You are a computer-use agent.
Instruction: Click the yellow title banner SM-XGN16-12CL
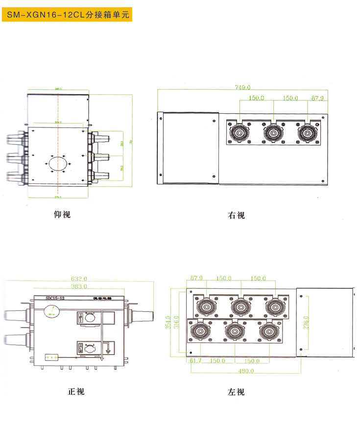click(x=66, y=15)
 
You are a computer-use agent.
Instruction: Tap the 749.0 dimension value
click(x=242, y=88)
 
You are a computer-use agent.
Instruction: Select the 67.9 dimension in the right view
click(x=318, y=98)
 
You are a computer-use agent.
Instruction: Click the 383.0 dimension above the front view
click(x=79, y=286)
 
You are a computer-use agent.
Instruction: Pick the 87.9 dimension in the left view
click(x=196, y=279)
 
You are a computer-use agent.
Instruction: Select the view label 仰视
click(x=62, y=214)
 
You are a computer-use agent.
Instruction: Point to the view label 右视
click(x=236, y=215)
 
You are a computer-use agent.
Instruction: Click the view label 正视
click(x=76, y=391)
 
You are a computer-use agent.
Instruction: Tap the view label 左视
click(x=236, y=392)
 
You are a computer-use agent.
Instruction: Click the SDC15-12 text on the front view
click(x=55, y=298)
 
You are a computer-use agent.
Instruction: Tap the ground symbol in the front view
click(x=107, y=349)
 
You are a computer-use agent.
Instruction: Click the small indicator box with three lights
click(x=52, y=356)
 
